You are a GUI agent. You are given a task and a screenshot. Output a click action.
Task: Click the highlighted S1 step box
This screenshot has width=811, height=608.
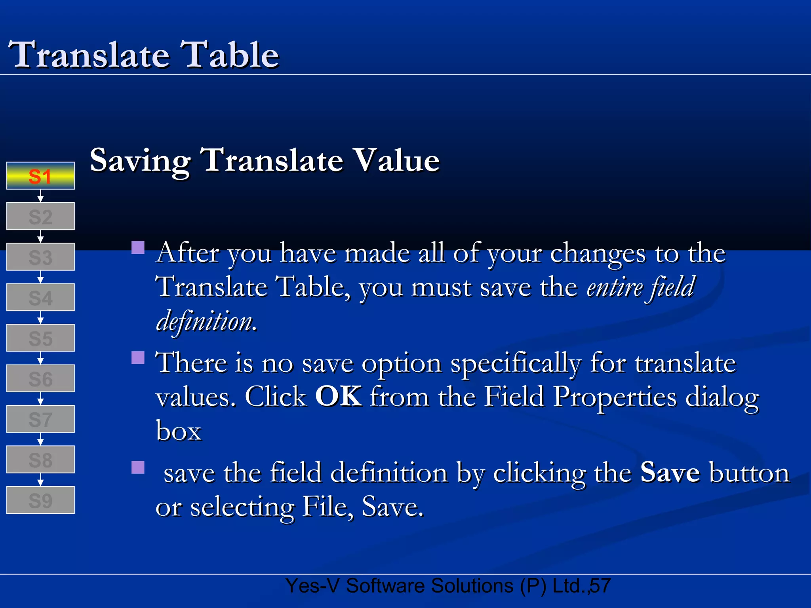tap(40, 176)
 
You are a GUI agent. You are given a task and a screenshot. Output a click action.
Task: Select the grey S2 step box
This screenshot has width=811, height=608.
tap(40, 217)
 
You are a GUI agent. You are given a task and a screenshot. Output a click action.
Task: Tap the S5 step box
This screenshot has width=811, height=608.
tap(40, 338)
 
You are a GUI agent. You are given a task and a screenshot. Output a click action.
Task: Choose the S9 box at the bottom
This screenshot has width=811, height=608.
tap(40, 500)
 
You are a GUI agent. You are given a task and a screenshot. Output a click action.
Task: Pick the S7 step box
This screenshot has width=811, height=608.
tap(40, 419)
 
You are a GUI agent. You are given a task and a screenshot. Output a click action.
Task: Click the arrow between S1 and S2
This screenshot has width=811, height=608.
tap(40, 196)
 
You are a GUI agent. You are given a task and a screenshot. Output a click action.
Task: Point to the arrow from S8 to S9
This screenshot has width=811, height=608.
tap(40, 480)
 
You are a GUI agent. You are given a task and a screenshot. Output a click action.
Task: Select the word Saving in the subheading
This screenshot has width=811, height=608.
tap(140, 160)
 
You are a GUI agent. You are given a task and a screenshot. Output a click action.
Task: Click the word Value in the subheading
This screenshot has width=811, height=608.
tap(396, 160)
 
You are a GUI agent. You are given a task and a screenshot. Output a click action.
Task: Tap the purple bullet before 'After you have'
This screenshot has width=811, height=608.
tap(138, 248)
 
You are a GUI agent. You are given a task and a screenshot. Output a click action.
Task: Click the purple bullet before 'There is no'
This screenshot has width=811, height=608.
tap(138, 357)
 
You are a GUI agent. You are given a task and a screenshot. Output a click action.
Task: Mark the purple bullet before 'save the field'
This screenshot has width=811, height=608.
tap(138, 467)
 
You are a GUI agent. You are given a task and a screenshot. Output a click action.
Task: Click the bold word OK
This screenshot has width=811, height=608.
tap(338, 396)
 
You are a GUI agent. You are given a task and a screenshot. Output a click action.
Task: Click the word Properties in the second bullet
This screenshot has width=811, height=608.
tap(615, 397)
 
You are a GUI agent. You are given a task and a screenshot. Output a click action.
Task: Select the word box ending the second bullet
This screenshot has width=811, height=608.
tap(178, 431)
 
